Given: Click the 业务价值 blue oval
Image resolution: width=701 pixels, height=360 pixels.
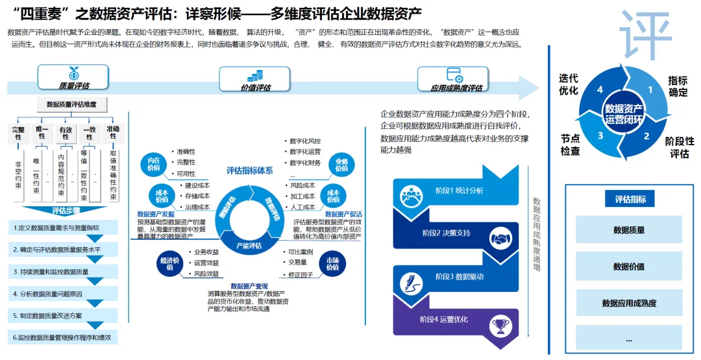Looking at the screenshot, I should tap(341, 165).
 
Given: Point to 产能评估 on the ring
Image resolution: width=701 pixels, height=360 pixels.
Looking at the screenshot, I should tap(249, 245).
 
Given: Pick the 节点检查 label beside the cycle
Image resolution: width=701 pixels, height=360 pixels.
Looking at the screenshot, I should tap(570, 145).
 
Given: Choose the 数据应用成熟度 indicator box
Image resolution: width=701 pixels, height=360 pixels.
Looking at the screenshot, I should tap(629, 303).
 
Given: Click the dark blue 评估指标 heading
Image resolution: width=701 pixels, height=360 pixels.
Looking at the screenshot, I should tap(630, 199).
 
